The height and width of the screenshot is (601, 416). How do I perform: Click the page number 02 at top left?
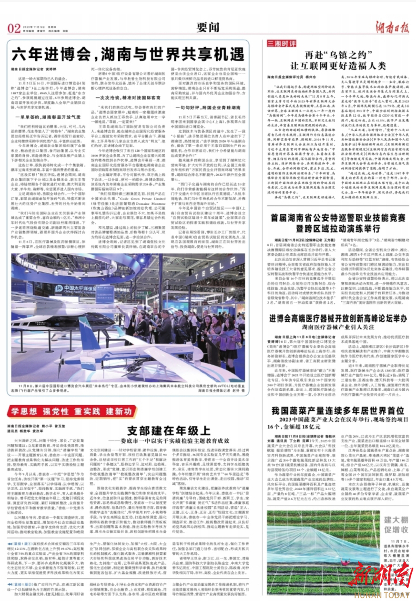tap(14, 28)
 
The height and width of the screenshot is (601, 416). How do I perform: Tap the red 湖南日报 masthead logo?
tap(392, 27)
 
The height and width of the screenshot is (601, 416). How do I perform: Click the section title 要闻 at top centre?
tap(208, 27)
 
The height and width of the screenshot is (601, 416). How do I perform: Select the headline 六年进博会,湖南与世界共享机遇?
tap(128, 55)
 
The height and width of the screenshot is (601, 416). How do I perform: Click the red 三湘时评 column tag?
tap(282, 44)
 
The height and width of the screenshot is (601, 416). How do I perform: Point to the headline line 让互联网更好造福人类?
tap(338, 66)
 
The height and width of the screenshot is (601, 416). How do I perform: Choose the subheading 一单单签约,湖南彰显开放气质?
tap(48, 117)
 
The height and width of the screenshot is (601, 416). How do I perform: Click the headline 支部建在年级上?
tap(169, 431)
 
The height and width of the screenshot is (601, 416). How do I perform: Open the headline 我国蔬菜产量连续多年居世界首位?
tap(338, 411)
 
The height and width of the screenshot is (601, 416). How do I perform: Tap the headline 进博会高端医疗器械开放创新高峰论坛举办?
tap(338, 319)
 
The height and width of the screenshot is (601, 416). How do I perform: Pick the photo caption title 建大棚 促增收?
tap(396, 525)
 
